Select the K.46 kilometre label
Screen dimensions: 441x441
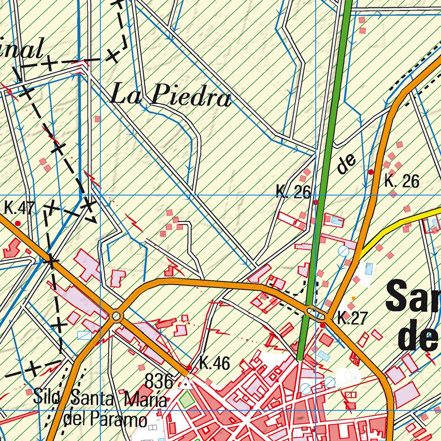click(x=214, y=364)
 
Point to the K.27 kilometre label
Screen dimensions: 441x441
click(x=351, y=319)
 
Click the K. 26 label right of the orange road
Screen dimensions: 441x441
click(x=401, y=181)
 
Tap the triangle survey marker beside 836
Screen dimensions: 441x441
click(x=186, y=382)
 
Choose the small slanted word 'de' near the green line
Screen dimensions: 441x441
click(x=347, y=164)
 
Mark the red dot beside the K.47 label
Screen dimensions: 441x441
click(x=18, y=223)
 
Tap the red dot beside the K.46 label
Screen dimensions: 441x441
click(x=189, y=367)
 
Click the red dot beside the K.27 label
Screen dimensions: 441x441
click(x=323, y=325)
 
